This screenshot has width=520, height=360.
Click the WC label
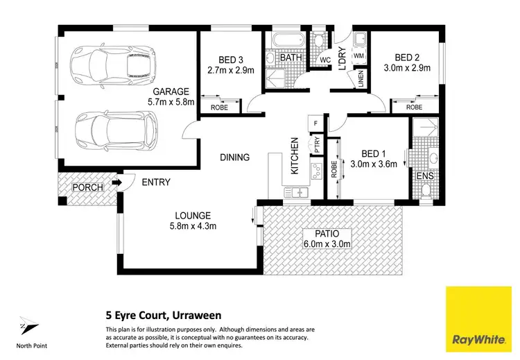[x=323, y=60]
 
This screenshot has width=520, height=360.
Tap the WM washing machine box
[x=359, y=55]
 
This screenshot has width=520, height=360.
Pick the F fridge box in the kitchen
[x=316, y=123]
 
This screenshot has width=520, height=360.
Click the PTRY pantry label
[x=317, y=146]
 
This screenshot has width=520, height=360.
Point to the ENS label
[x=424, y=177]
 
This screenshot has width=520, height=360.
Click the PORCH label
[x=87, y=187]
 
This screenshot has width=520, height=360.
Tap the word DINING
[x=234, y=157]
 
